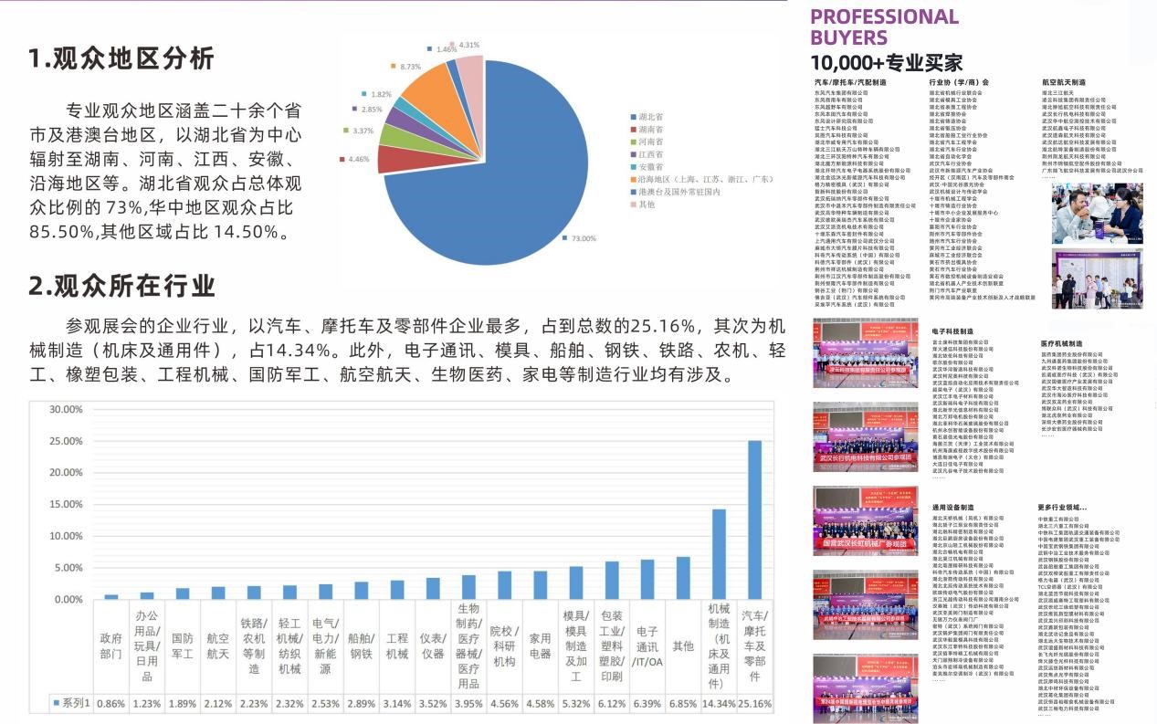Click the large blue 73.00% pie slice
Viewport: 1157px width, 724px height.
click(530, 173)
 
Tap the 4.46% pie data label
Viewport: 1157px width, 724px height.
click(359, 159)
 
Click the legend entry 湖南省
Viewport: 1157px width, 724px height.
click(651, 130)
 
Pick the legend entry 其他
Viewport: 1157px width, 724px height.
click(647, 204)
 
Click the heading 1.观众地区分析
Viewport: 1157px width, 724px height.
click(121, 58)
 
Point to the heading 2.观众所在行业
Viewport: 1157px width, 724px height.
click(121, 286)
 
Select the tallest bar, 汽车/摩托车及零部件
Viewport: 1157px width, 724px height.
click(754, 519)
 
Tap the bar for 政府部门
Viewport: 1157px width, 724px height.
click(110, 596)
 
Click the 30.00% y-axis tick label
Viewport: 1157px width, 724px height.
click(64, 409)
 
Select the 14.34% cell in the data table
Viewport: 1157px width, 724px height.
click(719, 704)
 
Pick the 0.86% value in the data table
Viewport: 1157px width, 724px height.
click(110, 704)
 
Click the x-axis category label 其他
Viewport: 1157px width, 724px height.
click(683, 645)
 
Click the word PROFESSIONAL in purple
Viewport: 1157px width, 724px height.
click(884, 16)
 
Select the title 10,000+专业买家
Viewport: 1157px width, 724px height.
click(886, 62)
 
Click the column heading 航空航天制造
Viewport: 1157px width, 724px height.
click(1063, 82)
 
